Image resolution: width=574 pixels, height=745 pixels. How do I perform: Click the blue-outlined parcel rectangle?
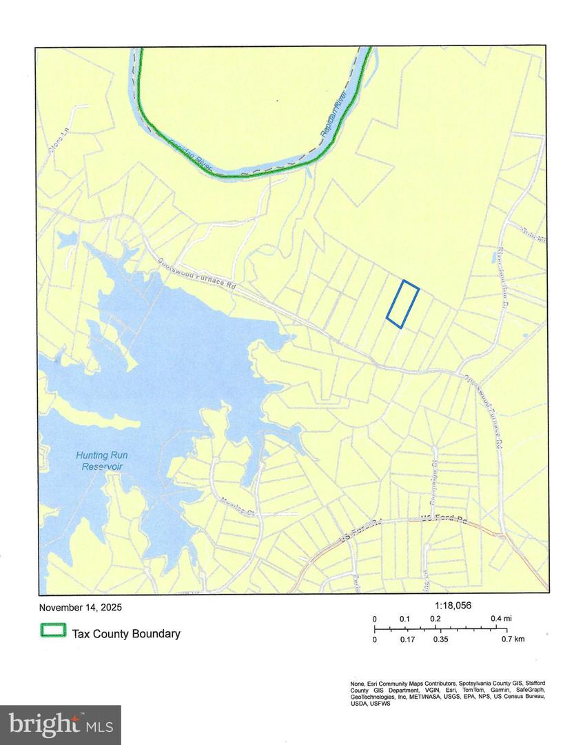tap(402, 304)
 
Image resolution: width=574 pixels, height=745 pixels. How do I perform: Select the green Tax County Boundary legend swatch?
tap(53, 630)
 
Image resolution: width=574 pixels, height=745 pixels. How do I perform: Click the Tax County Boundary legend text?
tap(126, 633)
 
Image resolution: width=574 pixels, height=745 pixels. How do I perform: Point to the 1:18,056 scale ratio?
tap(453, 605)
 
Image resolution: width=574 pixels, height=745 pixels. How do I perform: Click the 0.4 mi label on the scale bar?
tap(501, 619)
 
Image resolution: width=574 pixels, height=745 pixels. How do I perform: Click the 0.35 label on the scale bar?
tap(440, 639)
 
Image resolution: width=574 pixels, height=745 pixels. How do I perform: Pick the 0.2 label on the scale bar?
tap(435, 619)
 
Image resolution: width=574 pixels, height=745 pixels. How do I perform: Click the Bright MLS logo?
tap(60, 724)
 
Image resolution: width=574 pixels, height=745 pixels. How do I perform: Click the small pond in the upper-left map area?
tap(67, 239)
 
